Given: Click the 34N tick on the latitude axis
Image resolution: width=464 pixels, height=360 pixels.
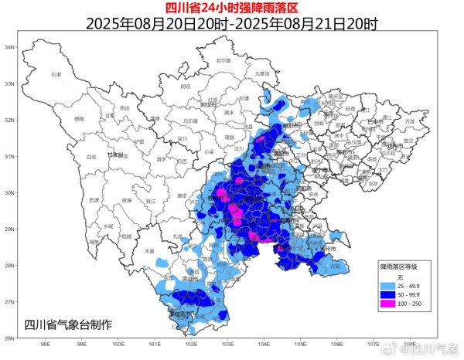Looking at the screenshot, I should coord(10,47).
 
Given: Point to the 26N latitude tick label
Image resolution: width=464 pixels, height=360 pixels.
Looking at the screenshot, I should coord(10,338).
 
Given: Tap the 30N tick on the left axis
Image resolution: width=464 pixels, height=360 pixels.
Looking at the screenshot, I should coord(10,192).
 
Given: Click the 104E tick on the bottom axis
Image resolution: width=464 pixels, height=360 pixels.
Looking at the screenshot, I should coord(264,345).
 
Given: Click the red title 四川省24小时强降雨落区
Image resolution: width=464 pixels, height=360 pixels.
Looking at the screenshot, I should coord(231,8).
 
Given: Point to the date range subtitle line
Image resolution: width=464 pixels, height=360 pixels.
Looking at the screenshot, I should coord(231,23).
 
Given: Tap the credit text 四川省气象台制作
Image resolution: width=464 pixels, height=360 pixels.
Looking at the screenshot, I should coord(68,324).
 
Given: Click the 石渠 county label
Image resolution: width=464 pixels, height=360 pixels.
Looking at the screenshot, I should coord(56,74).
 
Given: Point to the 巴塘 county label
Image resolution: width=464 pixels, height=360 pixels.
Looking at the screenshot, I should coord(94,200).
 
